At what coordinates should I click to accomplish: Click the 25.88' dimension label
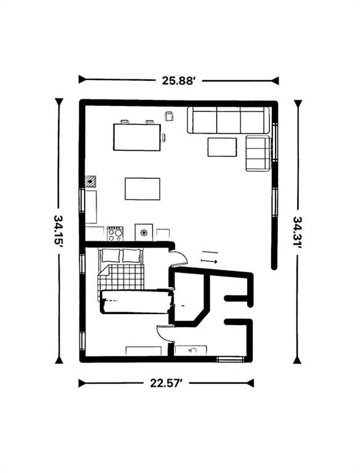click(x=178, y=80)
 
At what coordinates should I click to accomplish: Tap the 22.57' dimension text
click(x=166, y=383)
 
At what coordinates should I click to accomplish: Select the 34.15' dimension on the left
click(x=59, y=230)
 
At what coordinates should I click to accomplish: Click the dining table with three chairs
click(x=137, y=137)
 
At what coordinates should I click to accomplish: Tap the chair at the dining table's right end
click(x=163, y=137)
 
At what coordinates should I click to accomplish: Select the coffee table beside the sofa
click(x=222, y=147)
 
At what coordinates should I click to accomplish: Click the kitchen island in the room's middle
click(x=142, y=188)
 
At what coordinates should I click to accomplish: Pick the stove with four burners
click(x=115, y=233)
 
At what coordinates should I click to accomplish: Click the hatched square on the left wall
click(x=91, y=181)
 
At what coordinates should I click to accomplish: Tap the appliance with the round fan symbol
click(x=143, y=232)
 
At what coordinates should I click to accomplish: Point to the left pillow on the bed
click(x=111, y=256)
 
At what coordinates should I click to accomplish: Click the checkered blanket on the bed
click(x=121, y=277)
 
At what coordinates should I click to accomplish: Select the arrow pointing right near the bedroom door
click(x=209, y=262)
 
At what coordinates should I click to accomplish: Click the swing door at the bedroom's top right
click(x=179, y=259)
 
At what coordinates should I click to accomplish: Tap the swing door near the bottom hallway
click(x=164, y=333)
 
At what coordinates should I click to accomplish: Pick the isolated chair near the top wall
click(x=169, y=116)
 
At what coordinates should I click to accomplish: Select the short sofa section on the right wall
click(x=258, y=153)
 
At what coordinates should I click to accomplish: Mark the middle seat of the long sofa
click(x=228, y=120)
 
